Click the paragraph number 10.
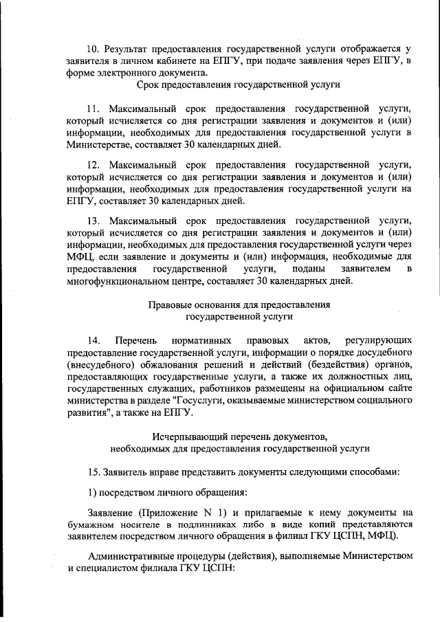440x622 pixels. [93, 49]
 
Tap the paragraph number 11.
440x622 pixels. [93, 109]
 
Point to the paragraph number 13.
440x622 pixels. [93, 221]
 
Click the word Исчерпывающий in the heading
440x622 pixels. [184, 436]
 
